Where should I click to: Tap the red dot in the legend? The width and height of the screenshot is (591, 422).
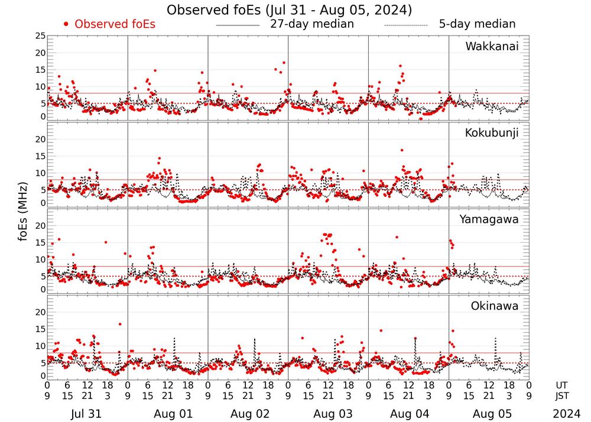click(x=66, y=24)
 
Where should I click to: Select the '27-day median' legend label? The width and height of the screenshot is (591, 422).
click(x=311, y=24)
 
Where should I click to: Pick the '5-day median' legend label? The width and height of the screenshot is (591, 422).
click(x=477, y=24)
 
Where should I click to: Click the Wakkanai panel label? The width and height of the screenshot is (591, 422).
click(x=492, y=47)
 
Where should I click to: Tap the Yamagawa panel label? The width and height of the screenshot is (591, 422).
click(x=489, y=219)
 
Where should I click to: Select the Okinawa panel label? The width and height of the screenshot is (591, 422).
click(x=495, y=306)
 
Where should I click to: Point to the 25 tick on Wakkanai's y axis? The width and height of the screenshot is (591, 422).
click(x=40, y=36)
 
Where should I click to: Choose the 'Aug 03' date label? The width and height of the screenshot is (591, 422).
click(x=327, y=414)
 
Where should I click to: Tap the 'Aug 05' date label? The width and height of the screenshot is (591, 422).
click(x=488, y=414)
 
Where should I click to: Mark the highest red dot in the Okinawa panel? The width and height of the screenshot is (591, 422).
click(x=120, y=324)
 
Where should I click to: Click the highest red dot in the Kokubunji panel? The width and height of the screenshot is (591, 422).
click(x=402, y=150)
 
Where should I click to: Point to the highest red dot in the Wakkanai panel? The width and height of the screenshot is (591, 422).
click(x=284, y=63)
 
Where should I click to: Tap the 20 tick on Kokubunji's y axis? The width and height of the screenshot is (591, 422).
click(x=40, y=139)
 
